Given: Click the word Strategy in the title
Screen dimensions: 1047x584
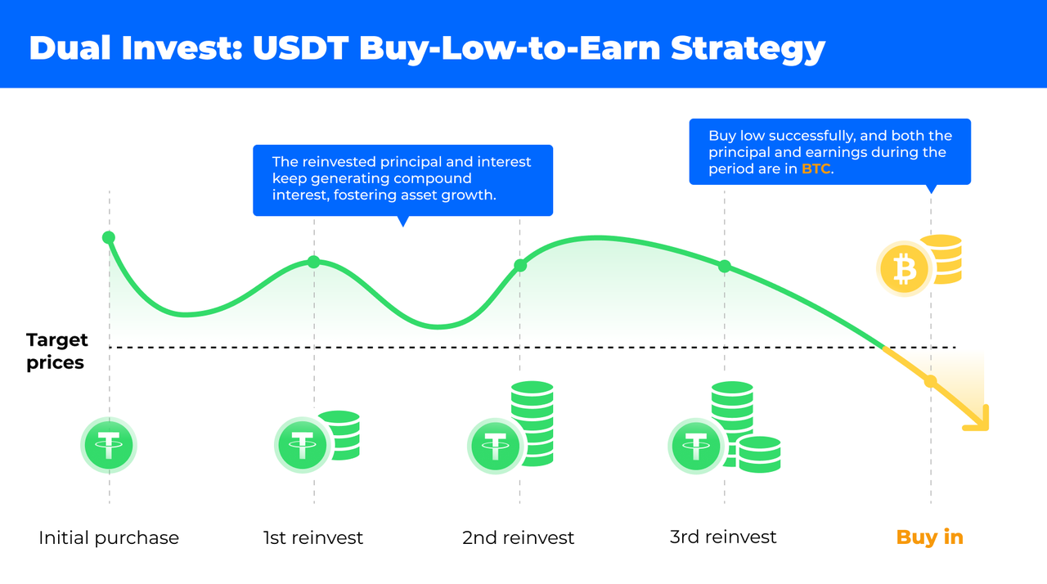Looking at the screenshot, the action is click(748, 49).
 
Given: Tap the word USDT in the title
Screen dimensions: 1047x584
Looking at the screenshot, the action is click(300, 47).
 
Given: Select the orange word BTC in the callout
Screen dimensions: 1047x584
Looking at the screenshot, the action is click(816, 168).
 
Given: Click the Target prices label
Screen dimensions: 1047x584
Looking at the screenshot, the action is click(56, 351).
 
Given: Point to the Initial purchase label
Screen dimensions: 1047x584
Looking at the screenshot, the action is click(109, 537).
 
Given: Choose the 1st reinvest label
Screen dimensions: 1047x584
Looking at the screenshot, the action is click(312, 537).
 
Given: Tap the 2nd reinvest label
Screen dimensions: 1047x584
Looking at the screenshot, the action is click(518, 537).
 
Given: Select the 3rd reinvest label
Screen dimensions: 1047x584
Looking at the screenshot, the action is click(723, 537).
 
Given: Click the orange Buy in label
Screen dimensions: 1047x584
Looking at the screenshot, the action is click(930, 537).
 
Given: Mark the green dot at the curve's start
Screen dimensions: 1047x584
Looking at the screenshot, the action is click(109, 238).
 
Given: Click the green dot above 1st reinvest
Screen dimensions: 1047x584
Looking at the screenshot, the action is click(313, 262).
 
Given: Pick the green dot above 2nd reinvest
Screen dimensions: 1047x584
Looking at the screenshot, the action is click(520, 266).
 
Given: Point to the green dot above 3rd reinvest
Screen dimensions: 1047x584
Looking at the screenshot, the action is click(725, 267).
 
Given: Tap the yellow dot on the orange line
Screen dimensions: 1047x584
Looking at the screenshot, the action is click(931, 381).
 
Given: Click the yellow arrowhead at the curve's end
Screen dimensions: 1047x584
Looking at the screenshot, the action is click(979, 420).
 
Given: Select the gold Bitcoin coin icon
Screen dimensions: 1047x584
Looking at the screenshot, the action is click(905, 269).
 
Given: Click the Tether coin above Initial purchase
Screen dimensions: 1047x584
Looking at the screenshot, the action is click(109, 445).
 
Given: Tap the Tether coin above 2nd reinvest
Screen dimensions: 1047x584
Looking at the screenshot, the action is click(496, 446).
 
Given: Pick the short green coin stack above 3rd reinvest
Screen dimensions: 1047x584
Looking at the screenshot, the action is click(760, 454).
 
